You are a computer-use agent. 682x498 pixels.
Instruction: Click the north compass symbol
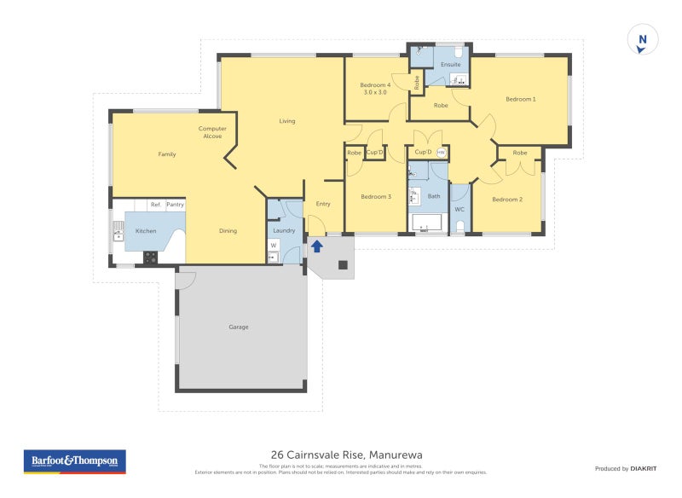tap(643, 40)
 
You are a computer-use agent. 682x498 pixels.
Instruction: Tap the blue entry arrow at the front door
tap(316, 246)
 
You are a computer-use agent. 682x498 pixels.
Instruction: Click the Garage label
tap(239, 327)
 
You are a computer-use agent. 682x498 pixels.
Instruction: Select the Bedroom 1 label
tap(520, 100)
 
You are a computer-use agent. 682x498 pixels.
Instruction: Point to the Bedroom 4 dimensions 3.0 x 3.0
tap(375, 92)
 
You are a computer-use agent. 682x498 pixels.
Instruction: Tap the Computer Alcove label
tap(212, 132)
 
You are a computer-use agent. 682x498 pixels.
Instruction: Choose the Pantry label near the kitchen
tap(175, 205)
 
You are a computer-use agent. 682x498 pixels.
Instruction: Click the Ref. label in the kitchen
tap(155, 205)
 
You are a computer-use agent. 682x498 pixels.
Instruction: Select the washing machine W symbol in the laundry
tap(274, 246)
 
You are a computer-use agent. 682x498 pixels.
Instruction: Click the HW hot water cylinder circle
tap(442, 153)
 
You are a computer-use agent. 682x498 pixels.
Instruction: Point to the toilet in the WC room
tap(459, 226)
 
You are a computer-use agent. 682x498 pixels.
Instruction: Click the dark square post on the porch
tap(343, 265)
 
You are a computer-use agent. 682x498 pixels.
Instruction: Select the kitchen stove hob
tap(151, 256)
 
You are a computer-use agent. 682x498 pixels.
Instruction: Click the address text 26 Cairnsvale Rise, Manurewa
tap(346, 455)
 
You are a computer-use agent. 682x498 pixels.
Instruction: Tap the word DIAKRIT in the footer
tap(642, 469)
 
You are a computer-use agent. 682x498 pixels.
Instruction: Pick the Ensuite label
tap(450, 65)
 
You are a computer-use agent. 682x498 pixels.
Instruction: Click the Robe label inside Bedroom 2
tap(520, 153)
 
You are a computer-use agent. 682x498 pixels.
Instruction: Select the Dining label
tap(228, 231)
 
